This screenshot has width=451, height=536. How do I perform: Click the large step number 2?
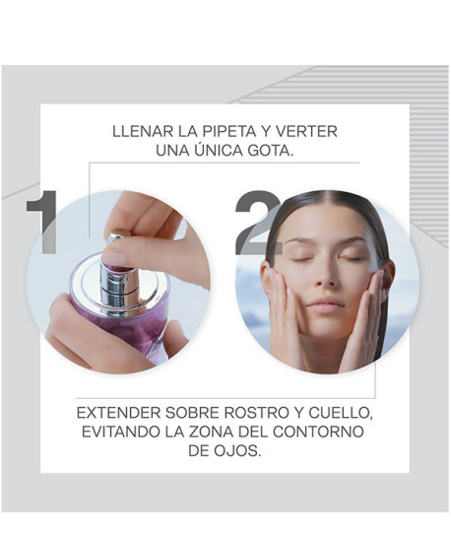pyautogui.click(x=259, y=225)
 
